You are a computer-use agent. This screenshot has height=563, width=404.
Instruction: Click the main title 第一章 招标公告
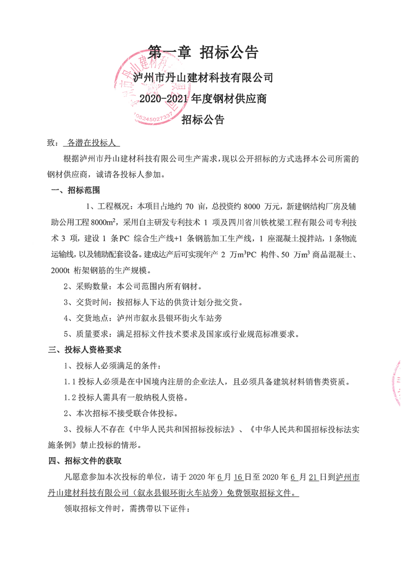(203, 52)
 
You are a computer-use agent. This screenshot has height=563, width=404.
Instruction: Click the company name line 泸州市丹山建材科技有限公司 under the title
(203, 78)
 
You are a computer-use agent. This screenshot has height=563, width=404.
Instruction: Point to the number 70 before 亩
(189, 206)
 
